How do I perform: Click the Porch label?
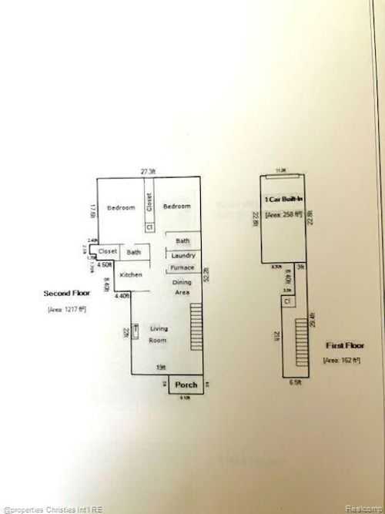[x=186, y=385]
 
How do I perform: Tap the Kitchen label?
[x=130, y=275]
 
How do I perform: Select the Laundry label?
[x=183, y=256]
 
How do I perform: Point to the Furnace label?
[x=182, y=268]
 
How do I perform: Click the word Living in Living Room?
[x=159, y=329]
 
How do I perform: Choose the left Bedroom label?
[x=121, y=207]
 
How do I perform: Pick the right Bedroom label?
[x=176, y=207]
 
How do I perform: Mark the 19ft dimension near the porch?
[x=160, y=368]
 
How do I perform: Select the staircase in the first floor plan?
[x=298, y=340]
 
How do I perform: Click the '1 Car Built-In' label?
[x=284, y=200]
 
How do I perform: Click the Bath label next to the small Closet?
[x=134, y=252]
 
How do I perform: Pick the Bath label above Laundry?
[x=183, y=241]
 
